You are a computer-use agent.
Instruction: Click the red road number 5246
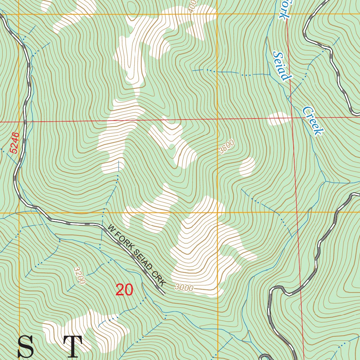[14, 143]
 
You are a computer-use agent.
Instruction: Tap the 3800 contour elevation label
[226, 147]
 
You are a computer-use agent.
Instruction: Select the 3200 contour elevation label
[80, 275]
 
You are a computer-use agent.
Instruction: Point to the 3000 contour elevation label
[184, 288]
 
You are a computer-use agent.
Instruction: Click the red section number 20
[124, 290]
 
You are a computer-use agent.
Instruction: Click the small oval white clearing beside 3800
[247, 166]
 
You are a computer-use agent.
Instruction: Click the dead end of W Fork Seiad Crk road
[163, 292]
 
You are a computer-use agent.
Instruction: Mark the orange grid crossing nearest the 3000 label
[218, 213]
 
